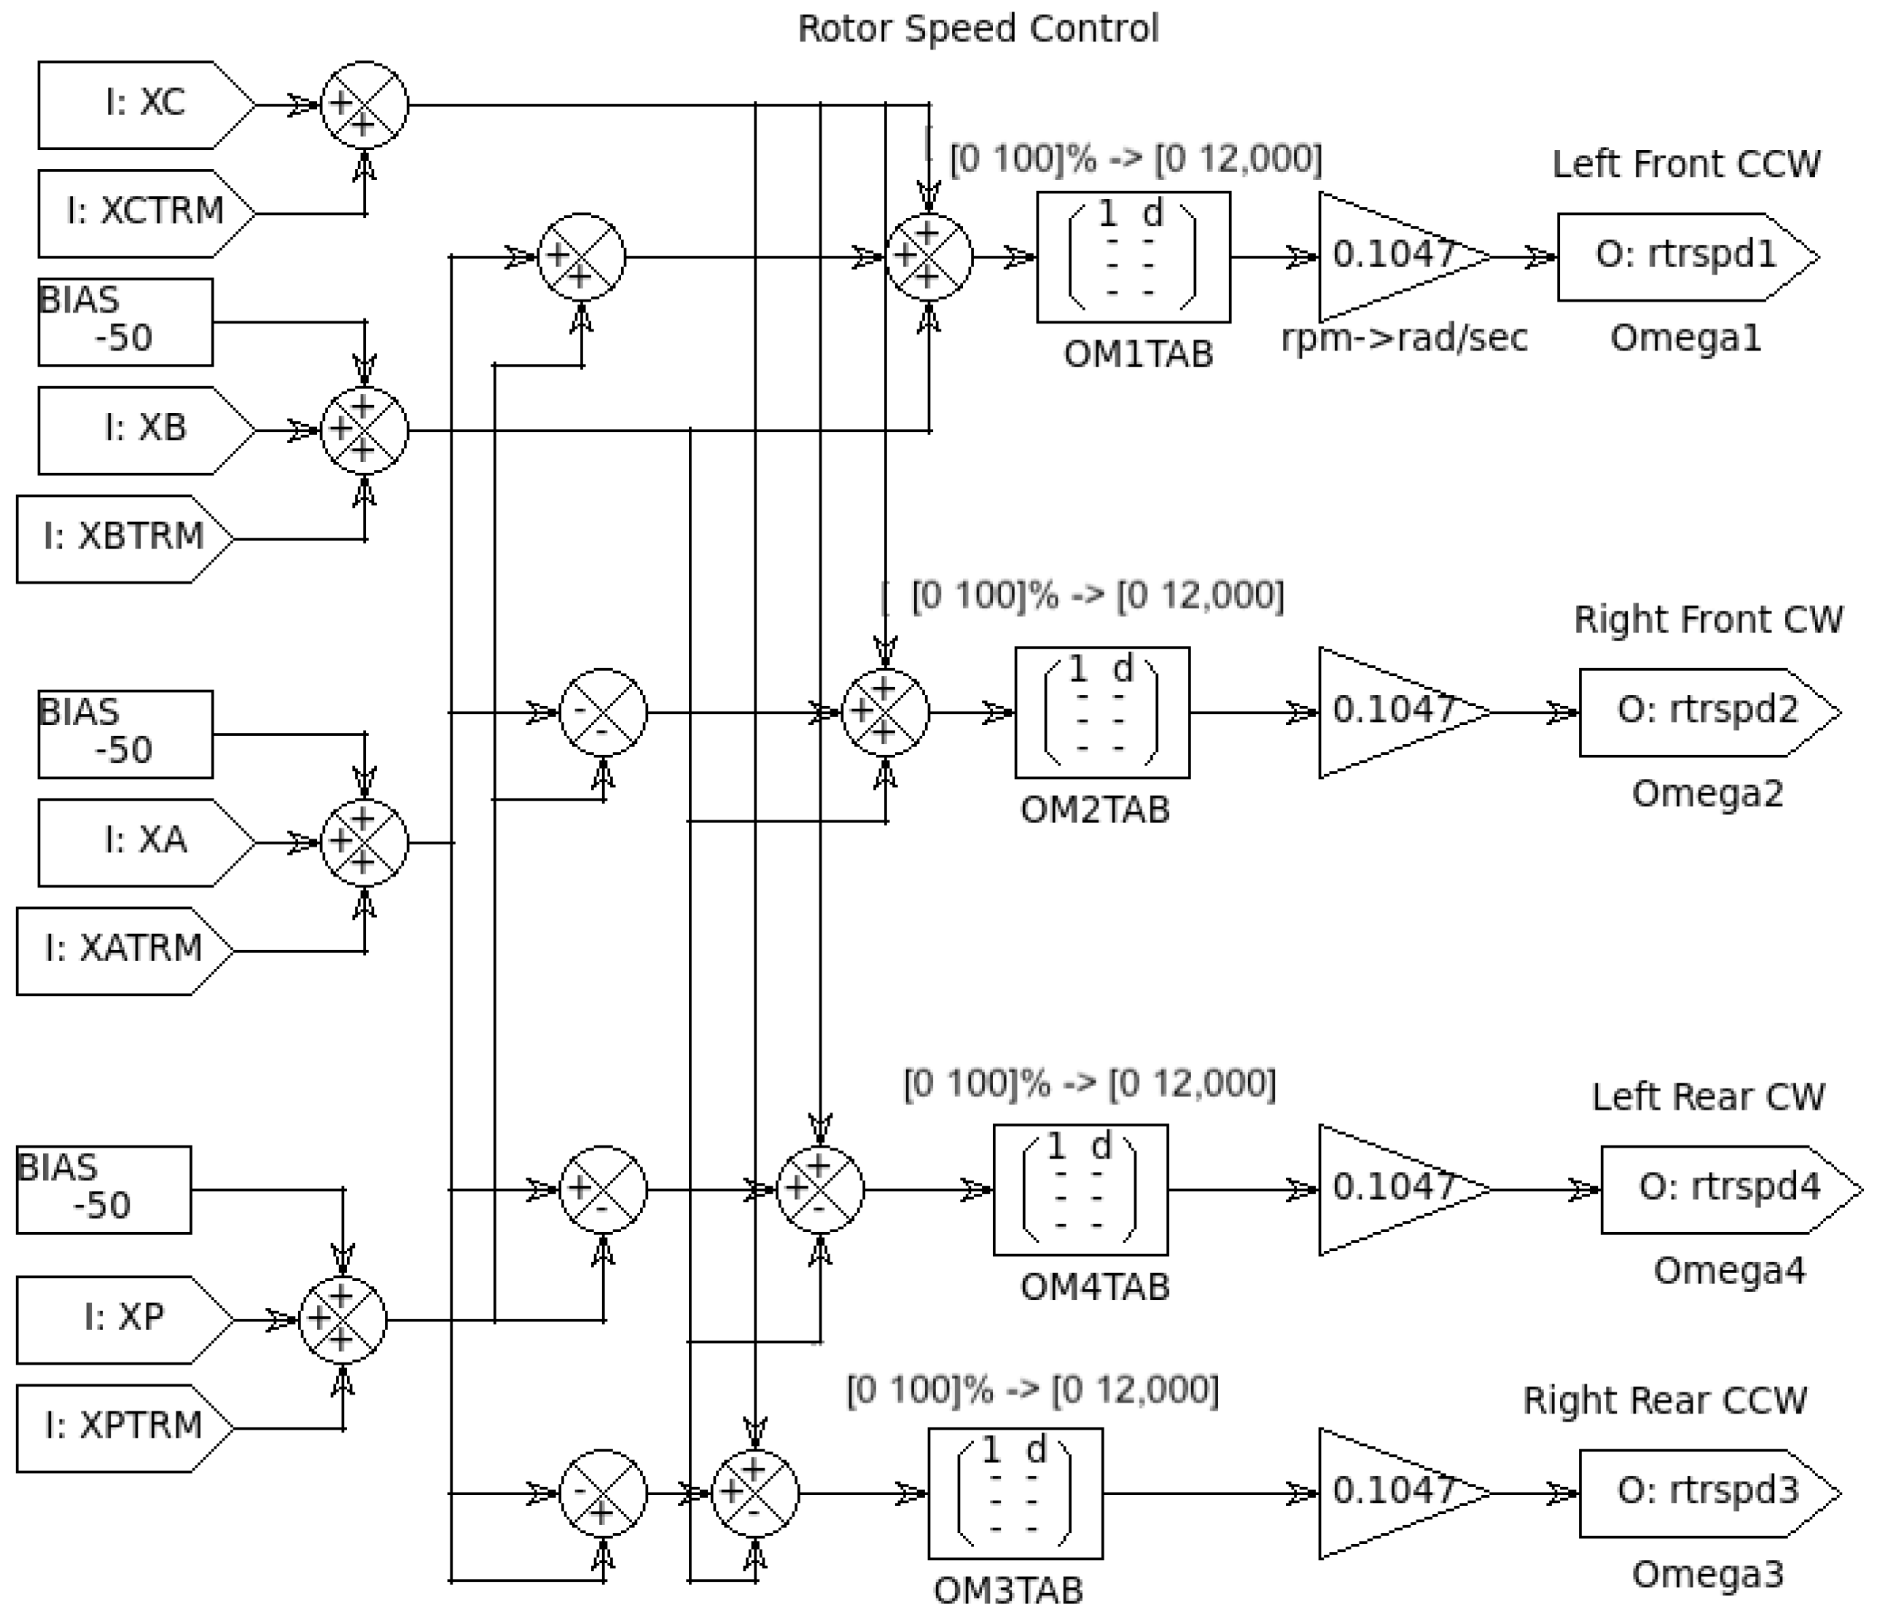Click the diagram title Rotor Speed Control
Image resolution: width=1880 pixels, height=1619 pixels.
(x=978, y=28)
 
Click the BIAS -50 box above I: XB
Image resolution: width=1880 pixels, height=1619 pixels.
(x=125, y=321)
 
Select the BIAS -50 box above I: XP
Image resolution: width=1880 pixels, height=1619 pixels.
(x=104, y=1188)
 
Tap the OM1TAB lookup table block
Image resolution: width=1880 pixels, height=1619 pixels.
(x=1134, y=256)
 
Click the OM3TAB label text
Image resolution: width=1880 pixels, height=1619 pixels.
(x=1008, y=1590)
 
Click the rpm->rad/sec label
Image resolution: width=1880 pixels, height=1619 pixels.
(x=1404, y=338)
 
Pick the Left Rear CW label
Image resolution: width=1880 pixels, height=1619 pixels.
(x=1707, y=1097)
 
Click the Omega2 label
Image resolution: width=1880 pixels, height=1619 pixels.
(x=1707, y=793)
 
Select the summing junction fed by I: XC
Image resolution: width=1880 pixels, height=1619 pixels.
(x=364, y=105)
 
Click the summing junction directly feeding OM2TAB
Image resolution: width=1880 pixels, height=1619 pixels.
(x=885, y=712)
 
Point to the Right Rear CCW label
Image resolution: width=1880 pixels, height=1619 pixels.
(x=1664, y=1400)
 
